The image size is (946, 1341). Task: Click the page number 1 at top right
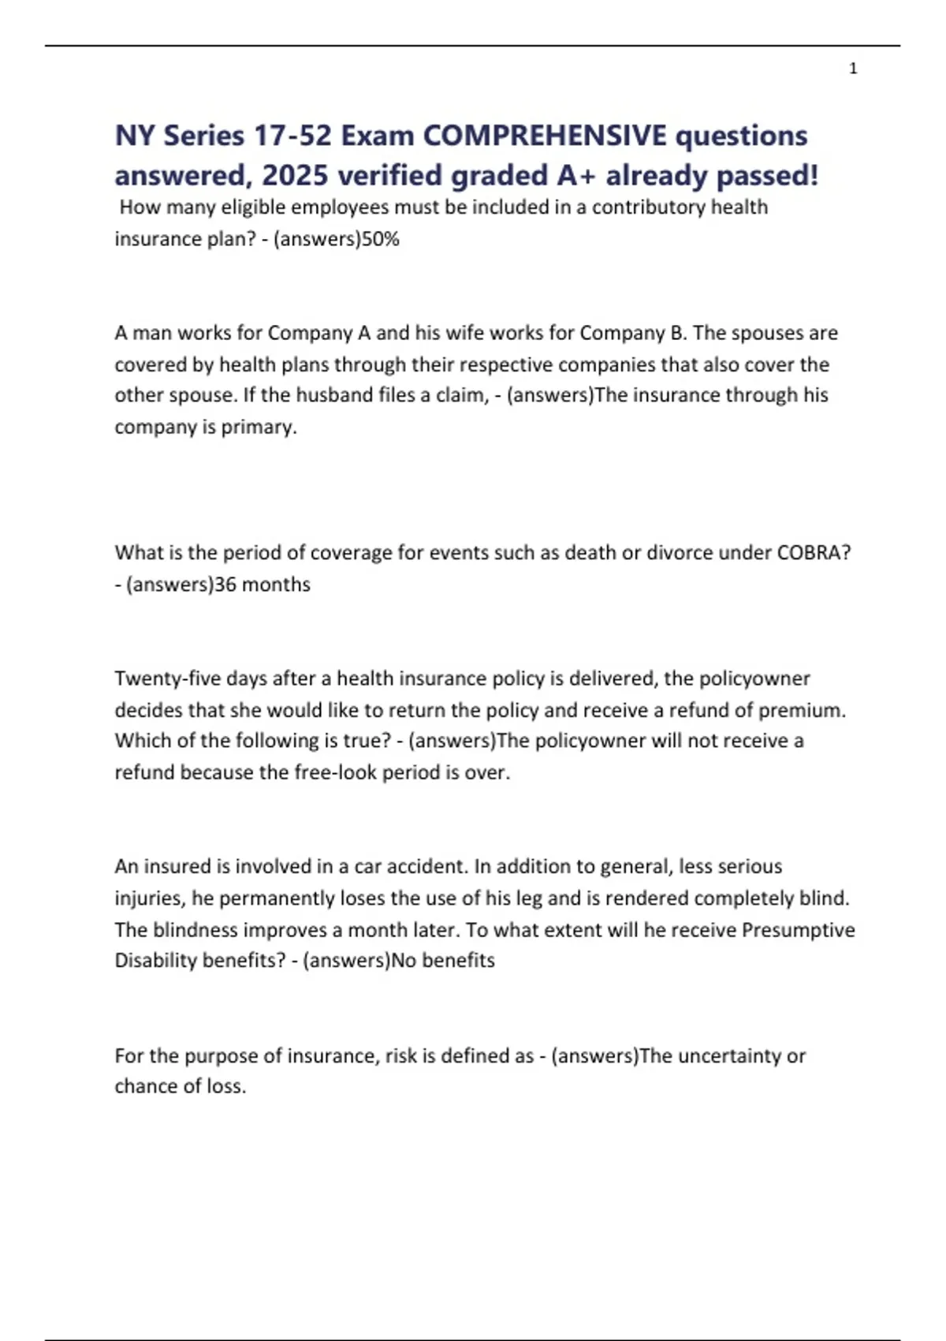tap(853, 69)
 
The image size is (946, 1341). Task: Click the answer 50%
tap(381, 239)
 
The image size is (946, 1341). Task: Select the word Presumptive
tap(798, 930)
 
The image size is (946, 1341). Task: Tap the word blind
tap(825, 898)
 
